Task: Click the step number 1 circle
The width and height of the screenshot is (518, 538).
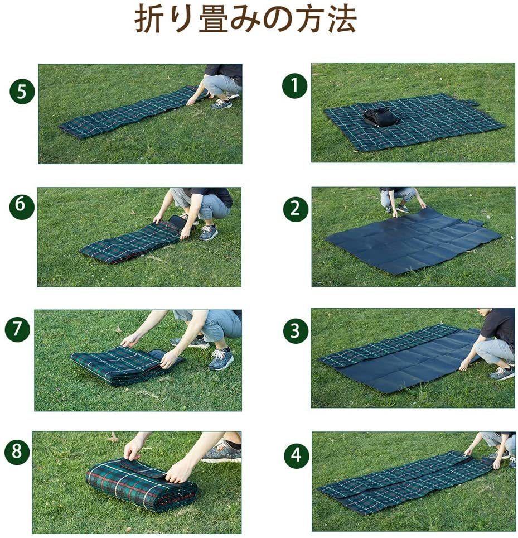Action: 295,86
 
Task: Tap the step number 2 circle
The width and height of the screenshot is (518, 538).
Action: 296,209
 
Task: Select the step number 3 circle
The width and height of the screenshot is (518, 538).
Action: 296,331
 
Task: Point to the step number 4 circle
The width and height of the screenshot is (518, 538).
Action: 297,455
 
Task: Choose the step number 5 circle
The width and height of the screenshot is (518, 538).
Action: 22,92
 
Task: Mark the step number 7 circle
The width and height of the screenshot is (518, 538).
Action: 17,329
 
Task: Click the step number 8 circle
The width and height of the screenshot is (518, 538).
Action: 17,451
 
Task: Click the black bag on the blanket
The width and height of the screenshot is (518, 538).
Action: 381,117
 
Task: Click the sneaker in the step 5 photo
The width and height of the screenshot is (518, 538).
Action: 221,104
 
